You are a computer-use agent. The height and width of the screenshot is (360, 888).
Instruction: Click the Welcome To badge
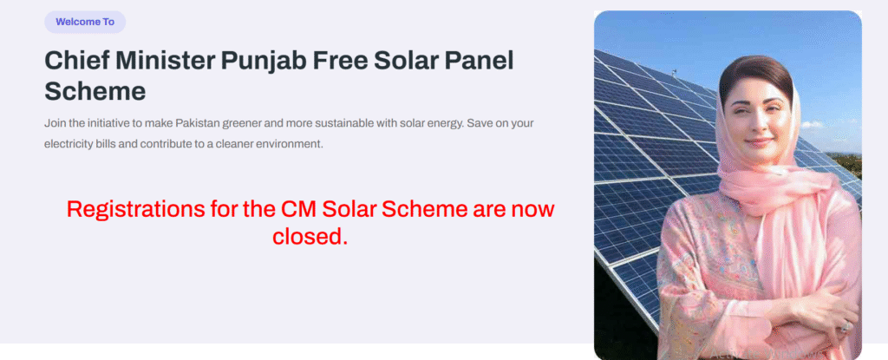point(85,22)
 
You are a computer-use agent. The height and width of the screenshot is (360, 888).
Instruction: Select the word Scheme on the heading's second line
point(95,91)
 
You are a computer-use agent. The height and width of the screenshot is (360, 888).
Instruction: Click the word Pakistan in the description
point(196,123)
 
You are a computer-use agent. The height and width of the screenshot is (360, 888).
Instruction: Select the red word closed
point(310,237)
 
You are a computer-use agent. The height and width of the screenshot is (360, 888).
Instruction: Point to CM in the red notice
point(299,209)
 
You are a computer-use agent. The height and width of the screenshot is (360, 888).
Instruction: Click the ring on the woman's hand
point(846,326)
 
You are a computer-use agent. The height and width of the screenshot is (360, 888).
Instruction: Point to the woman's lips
point(758,141)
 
